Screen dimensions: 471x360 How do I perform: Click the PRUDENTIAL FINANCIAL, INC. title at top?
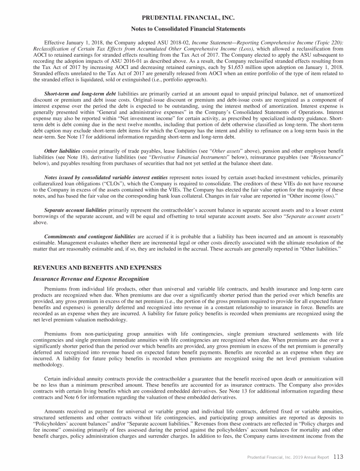coord(180,18)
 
